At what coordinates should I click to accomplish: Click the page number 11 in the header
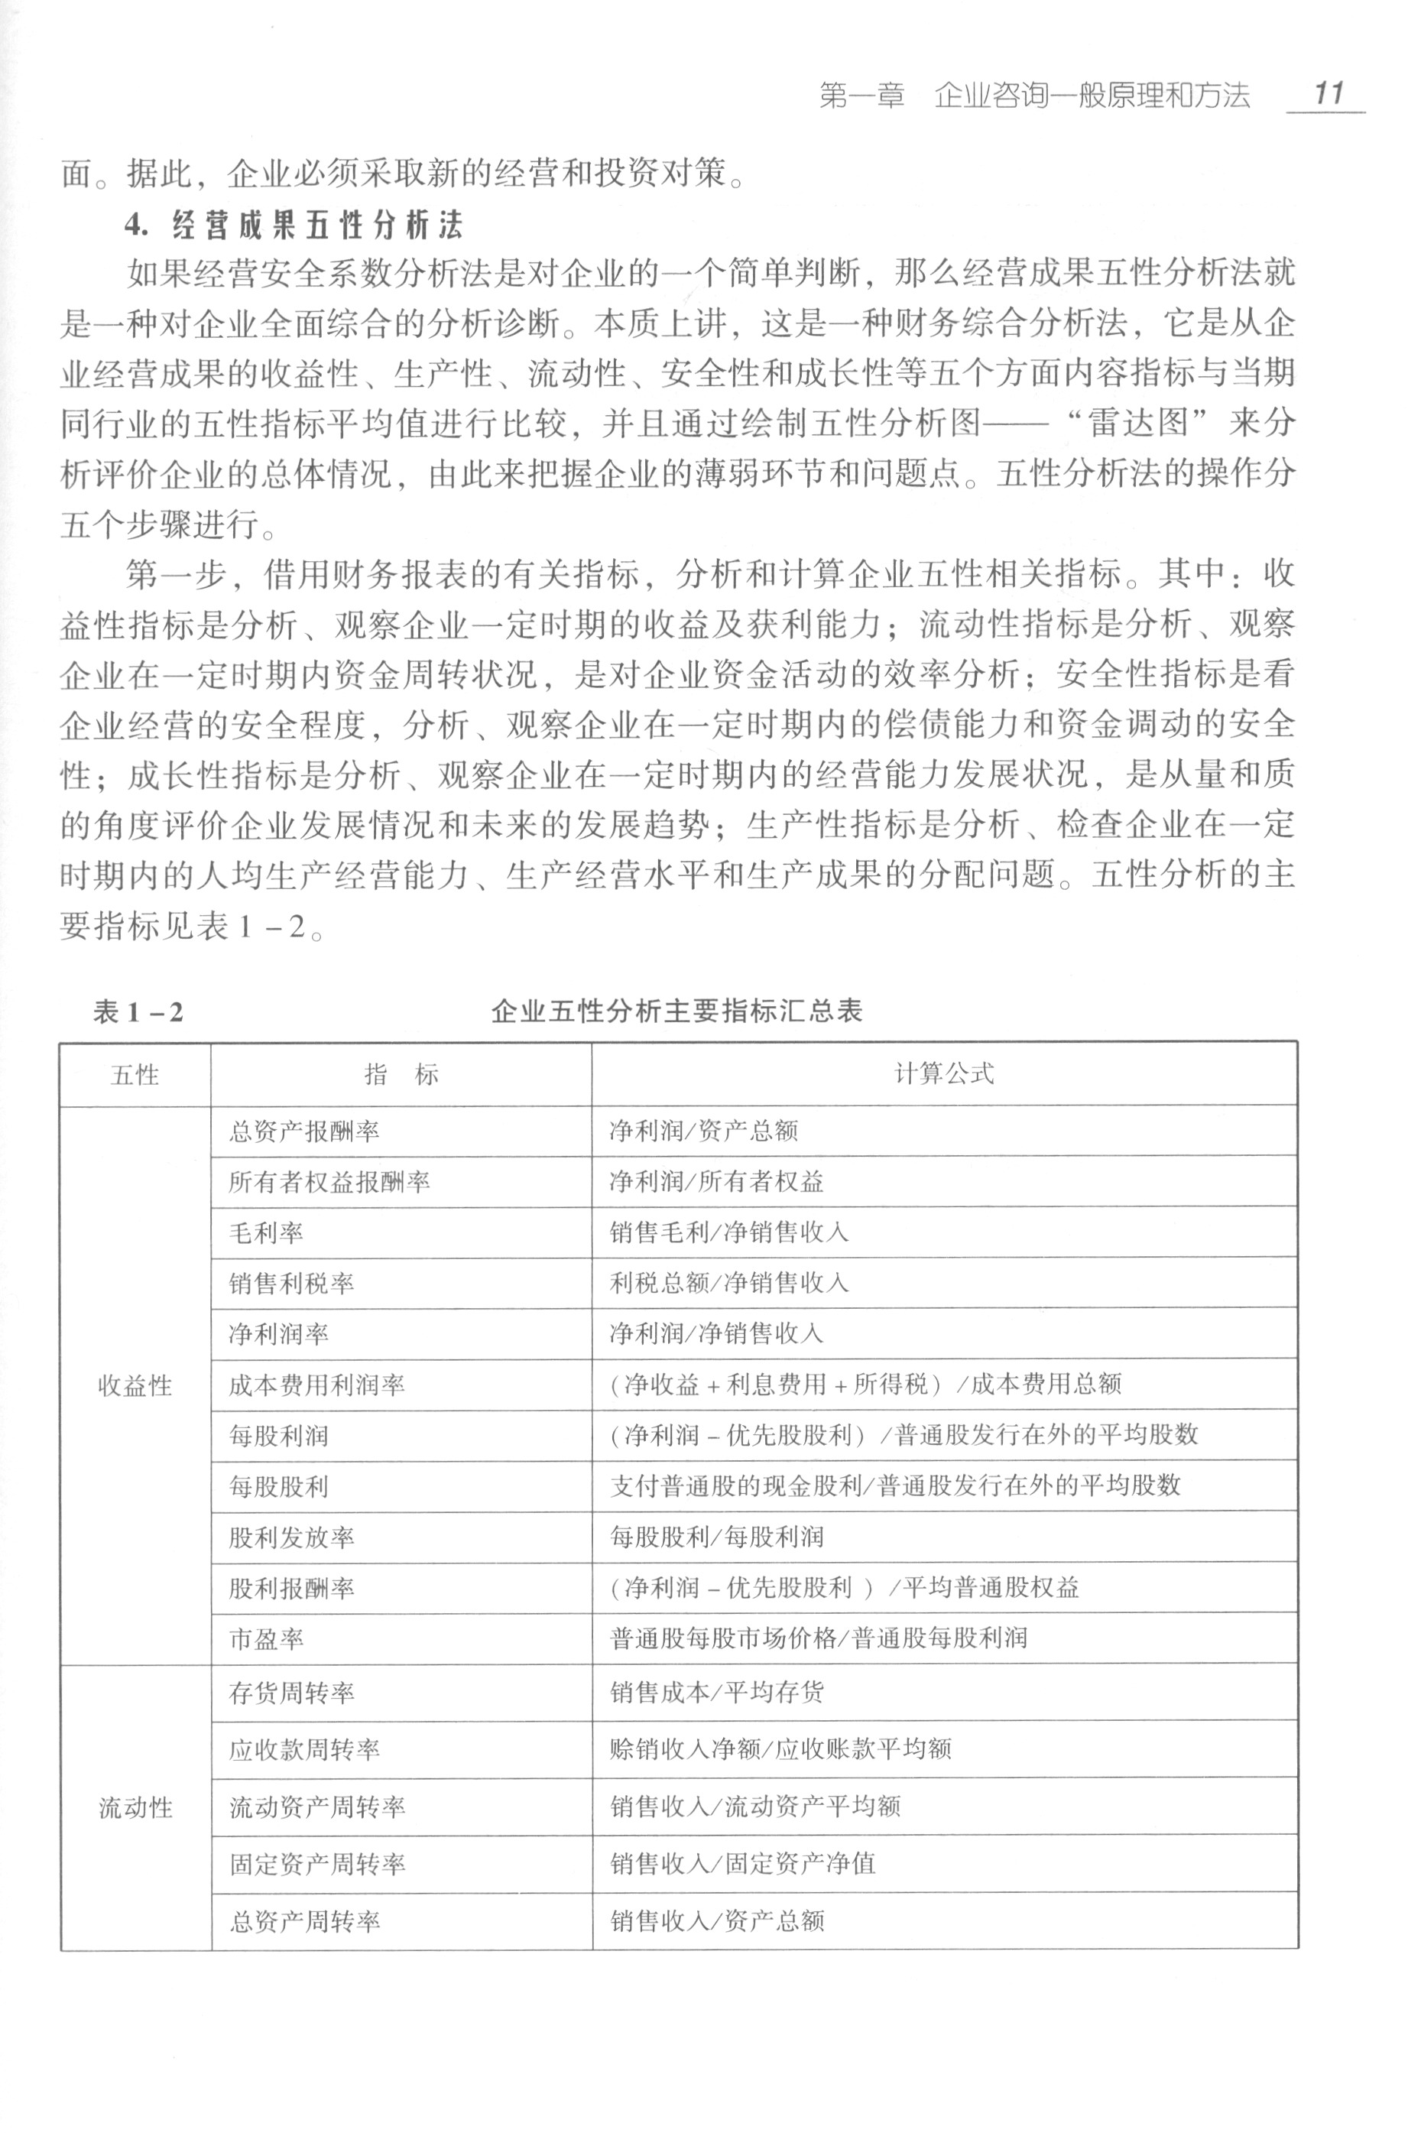tap(1328, 93)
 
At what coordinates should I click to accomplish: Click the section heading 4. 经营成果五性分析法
tap(294, 225)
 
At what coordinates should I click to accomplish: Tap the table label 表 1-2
tap(138, 1012)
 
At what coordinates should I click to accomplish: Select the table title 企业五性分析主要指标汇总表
tap(676, 1011)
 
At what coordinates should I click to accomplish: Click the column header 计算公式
tap(944, 1073)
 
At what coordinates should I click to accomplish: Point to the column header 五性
tap(135, 1075)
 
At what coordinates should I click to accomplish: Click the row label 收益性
tap(135, 1386)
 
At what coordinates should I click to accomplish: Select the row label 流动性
tap(135, 1808)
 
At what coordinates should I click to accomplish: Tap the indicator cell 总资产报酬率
tap(303, 1131)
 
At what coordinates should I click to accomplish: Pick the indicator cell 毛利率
tap(266, 1232)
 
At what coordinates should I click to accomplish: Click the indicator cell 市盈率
tap(266, 1639)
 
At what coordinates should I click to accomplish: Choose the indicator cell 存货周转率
tap(291, 1693)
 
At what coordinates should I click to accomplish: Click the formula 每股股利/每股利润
tap(716, 1537)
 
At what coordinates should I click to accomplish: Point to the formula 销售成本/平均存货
tap(716, 1693)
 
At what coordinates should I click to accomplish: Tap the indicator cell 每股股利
tap(278, 1486)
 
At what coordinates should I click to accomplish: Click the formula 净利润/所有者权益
tap(716, 1181)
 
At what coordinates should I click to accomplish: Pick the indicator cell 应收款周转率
tap(303, 1749)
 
